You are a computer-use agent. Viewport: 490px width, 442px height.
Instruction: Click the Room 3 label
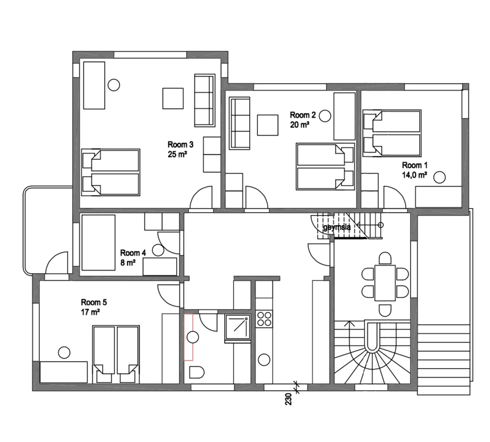(x=180, y=144)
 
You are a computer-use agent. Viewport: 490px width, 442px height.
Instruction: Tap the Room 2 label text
(x=303, y=115)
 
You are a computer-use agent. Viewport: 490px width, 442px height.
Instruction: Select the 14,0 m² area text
(x=414, y=175)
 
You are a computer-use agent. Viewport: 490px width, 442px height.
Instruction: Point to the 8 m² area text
(x=128, y=263)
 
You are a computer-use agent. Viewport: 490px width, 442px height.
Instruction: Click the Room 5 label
(x=94, y=302)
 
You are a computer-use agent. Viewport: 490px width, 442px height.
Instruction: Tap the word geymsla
(x=337, y=227)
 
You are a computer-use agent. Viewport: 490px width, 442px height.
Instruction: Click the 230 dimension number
(x=288, y=399)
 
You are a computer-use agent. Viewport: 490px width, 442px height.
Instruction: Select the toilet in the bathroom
(x=197, y=372)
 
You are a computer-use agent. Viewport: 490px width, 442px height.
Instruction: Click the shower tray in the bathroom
(x=238, y=327)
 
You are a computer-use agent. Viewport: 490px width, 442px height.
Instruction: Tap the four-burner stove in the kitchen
(x=264, y=319)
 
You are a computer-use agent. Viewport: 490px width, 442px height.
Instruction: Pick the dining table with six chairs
(x=385, y=283)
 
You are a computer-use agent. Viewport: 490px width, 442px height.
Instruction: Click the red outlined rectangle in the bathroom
(x=188, y=337)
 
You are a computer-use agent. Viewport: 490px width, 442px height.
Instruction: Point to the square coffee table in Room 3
(x=173, y=98)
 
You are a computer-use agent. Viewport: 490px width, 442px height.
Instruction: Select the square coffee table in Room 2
(x=268, y=125)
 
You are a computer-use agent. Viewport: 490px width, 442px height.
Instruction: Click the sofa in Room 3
(x=205, y=100)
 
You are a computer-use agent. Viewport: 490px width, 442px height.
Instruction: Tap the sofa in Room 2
(x=239, y=123)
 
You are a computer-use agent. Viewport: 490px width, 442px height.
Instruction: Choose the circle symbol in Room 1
(x=439, y=177)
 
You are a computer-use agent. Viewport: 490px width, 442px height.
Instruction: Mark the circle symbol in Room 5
(x=64, y=353)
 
